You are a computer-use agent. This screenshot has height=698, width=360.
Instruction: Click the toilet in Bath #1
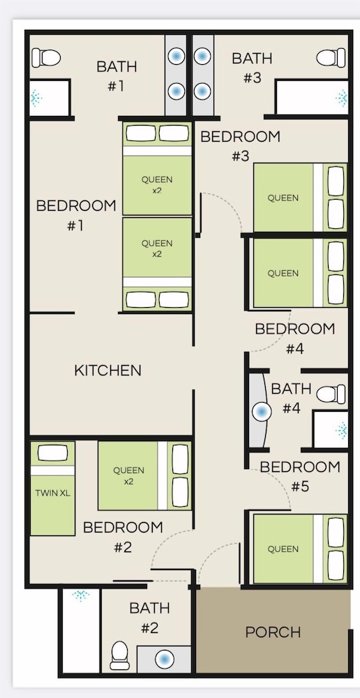click(x=46, y=57)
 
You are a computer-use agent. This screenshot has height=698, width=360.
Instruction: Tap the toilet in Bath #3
click(x=331, y=57)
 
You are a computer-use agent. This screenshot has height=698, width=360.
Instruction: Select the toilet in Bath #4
click(x=331, y=394)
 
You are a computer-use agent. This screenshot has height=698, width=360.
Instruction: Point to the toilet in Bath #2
click(x=120, y=655)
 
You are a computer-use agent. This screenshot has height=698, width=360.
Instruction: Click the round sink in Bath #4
click(x=262, y=411)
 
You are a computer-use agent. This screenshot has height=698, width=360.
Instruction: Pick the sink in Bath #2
click(x=165, y=659)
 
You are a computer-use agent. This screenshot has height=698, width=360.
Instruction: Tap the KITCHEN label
click(x=107, y=371)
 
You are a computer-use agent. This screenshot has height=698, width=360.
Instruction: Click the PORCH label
click(x=273, y=632)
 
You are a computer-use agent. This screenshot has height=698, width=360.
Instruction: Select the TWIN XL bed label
click(x=52, y=493)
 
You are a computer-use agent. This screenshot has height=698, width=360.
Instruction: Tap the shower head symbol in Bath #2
click(x=80, y=595)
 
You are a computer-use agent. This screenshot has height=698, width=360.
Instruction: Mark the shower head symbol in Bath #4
click(x=342, y=430)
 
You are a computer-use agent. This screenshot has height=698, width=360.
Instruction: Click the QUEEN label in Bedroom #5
click(x=283, y=549)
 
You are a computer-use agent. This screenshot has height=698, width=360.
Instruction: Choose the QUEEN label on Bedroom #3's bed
click(x=283, y=198)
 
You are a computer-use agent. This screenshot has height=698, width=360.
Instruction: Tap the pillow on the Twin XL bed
click(x=53, y=453)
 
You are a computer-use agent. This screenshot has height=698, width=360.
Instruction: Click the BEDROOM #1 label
click(x=76, y=216)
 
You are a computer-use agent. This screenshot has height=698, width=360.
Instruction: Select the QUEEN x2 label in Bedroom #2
click(x=128, y=475)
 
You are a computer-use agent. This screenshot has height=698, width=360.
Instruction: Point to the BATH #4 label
click(x=291, y=399)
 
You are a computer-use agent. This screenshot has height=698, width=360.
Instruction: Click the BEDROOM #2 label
click(x=123, y=537)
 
